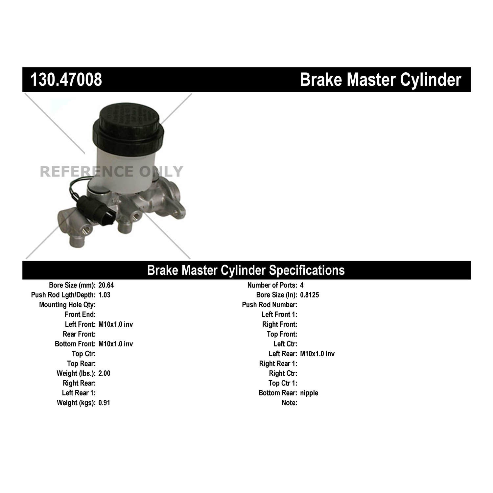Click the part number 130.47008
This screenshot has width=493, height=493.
(x=66, y=80)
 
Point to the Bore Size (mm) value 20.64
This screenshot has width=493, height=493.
(x=106, y=285)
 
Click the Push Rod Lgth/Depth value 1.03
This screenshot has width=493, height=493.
(x=104, y=295)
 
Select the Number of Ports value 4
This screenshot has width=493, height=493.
(x=302, y=285)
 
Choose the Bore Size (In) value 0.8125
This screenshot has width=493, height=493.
(x=309, y=295)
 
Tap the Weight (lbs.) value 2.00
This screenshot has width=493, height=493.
(x=104, y=373)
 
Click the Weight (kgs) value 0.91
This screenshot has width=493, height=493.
(x=104, y=403)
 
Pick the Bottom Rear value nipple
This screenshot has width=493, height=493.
(x=309, y=393)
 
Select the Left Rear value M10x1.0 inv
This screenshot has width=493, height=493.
(x=317, y=354)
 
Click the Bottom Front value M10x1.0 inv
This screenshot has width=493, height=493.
(x=116, y=344)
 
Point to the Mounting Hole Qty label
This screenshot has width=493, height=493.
(x=67, y=305)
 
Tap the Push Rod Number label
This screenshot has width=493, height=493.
(x=270, y=305)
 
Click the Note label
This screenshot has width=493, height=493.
(x=289, y=403)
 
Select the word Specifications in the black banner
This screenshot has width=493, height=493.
(x=307, y=270)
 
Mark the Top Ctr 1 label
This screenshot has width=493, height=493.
(x=283, y=383)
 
